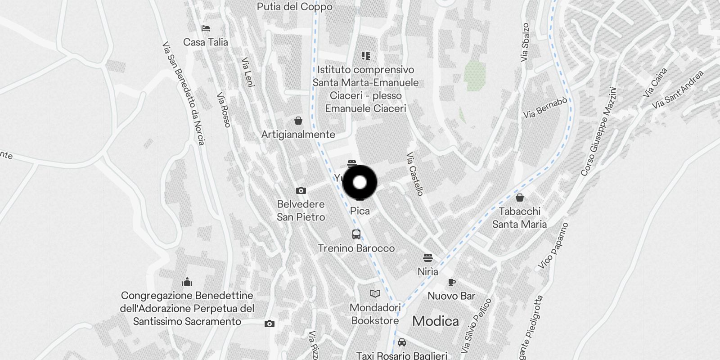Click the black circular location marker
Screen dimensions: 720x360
point(360,182)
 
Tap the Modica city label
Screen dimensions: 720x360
point(435,321)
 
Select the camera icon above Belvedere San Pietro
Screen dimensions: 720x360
point(301,191)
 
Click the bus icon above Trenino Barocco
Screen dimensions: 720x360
point(356,234)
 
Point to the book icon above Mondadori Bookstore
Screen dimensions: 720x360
point(375,294)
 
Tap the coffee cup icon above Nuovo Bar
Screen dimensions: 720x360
point(452,282)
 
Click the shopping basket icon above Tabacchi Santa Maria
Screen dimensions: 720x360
point(520,198)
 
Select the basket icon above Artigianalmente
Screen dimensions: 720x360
point(298,121)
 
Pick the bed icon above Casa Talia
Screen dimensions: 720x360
point(206,28)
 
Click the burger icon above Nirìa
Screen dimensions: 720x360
point(427,258)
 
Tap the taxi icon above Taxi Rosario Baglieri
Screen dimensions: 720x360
point(402,342)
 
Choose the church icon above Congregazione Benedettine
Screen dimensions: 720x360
point(187,282)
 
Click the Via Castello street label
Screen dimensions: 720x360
point(414,174)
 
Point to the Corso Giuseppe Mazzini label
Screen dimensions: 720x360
point(598,131)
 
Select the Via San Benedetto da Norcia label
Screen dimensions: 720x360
point(184,94)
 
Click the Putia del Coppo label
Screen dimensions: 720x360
point(295,7)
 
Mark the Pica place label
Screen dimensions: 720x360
point(360,211)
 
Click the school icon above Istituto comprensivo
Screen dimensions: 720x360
point(366,56)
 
